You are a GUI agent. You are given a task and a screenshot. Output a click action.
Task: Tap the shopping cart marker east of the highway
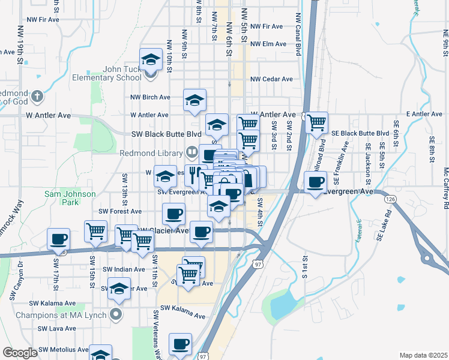[316, 124]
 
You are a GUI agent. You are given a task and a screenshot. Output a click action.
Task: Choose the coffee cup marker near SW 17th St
[58, 239]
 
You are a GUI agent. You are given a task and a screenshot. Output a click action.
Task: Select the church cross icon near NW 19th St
[37, 95]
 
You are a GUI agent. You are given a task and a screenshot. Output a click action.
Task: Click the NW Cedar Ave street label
[271, 79]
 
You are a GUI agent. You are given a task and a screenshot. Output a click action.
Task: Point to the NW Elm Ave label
[268, 44]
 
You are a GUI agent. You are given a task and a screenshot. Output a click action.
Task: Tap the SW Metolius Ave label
[62, 349]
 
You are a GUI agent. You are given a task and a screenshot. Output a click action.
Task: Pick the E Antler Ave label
[424, 113]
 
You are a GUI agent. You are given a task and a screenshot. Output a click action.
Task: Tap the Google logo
[20, 353]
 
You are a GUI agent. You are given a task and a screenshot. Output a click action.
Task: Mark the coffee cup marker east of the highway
[316, 183]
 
